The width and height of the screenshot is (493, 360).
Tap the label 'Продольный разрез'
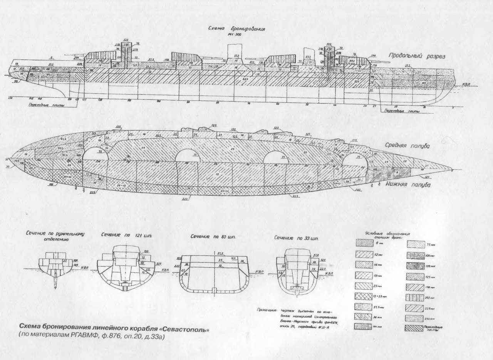tap(416, 56)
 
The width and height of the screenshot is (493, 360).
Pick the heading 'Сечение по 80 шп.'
tap(213, 236)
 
